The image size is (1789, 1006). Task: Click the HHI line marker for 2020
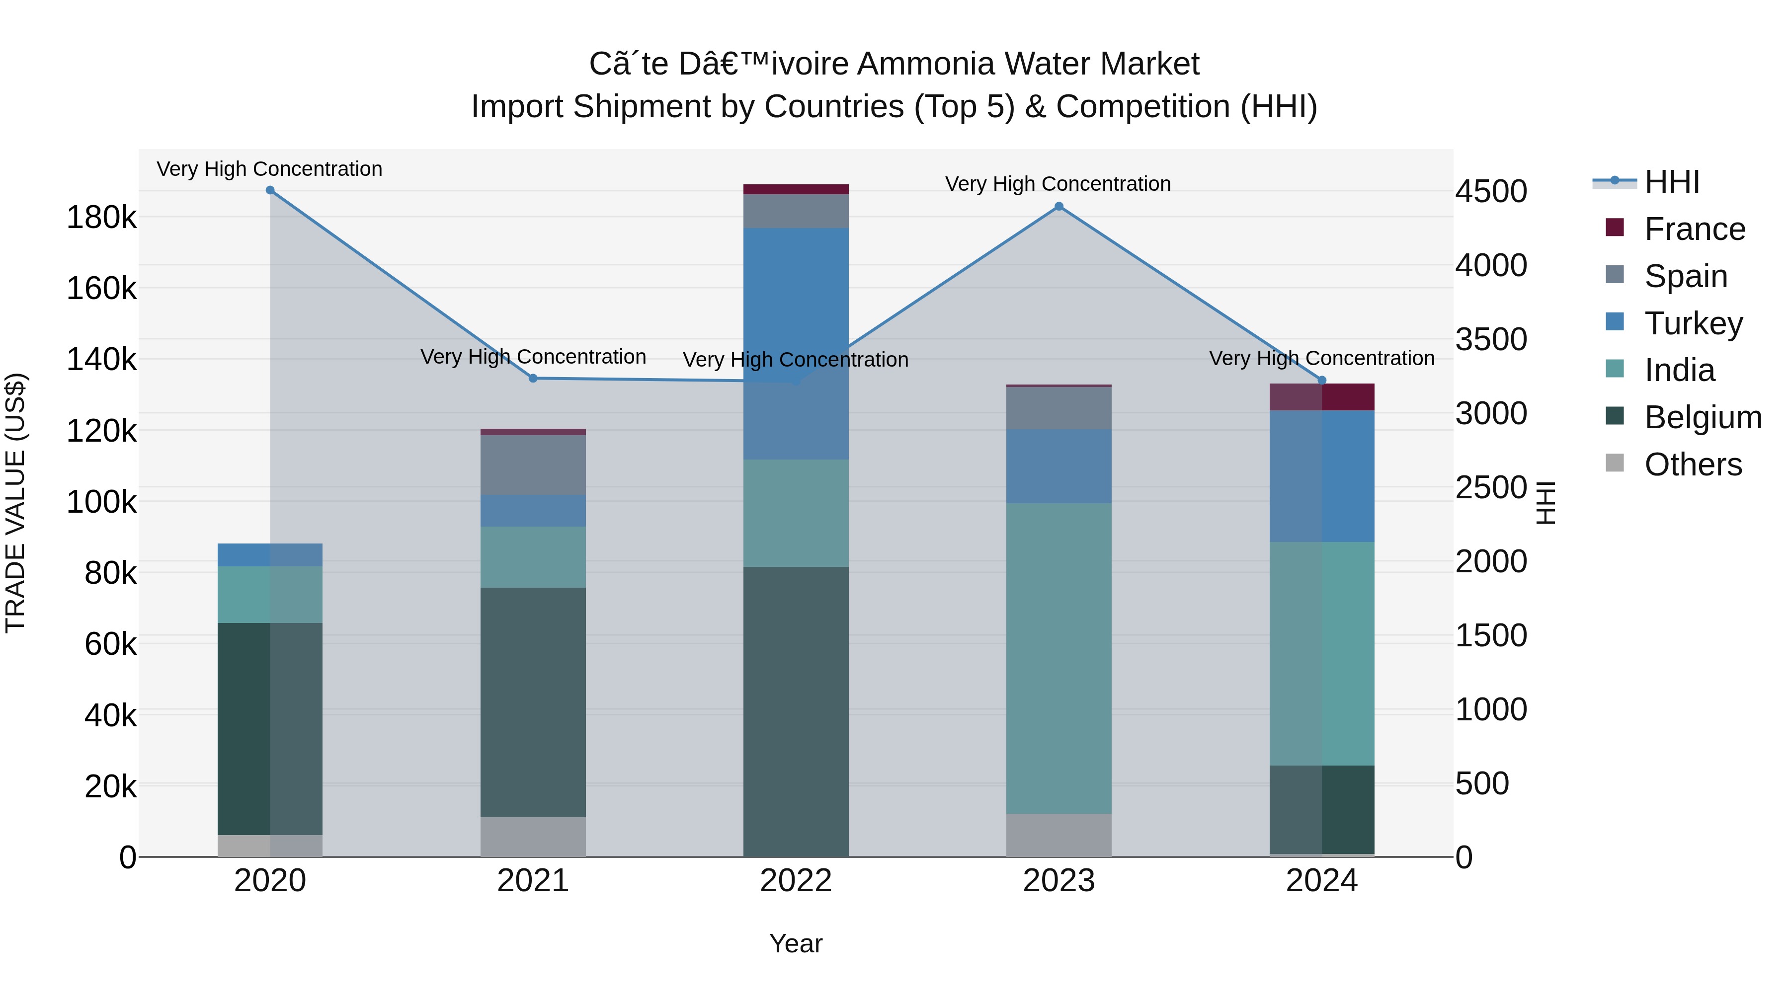click(270, 190)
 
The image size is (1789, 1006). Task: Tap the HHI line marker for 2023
click(1058, 206)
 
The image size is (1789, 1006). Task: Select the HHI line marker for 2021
click(533, 379)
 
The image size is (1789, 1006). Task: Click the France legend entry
click(1694, 229)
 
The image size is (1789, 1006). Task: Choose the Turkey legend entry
click(1693, 323)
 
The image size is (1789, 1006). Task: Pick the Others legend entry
click(1693, 464)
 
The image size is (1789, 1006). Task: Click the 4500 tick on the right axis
click(1491, 192)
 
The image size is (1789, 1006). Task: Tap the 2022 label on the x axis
click(796, 881)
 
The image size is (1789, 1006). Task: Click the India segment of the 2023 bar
click(1058, 658)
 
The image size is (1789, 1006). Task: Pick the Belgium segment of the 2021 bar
click(533, 702)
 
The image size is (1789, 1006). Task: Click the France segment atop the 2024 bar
click(1321, 396)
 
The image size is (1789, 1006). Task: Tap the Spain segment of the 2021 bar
click(533, 464)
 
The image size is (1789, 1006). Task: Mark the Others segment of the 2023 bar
click(1058, 835)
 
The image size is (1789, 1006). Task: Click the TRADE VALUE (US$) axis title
click(15, 503)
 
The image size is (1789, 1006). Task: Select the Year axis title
click(796, 943)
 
